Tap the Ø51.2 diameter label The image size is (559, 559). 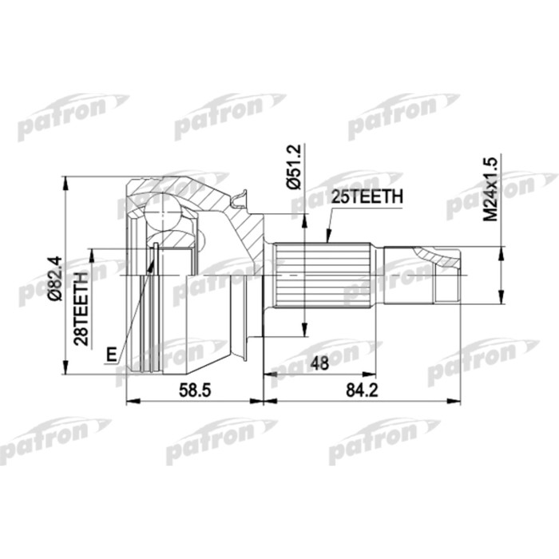(x=292, y=166)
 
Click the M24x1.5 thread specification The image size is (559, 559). (x=490, y=188)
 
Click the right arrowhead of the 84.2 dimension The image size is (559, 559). (x=457, y=399)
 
